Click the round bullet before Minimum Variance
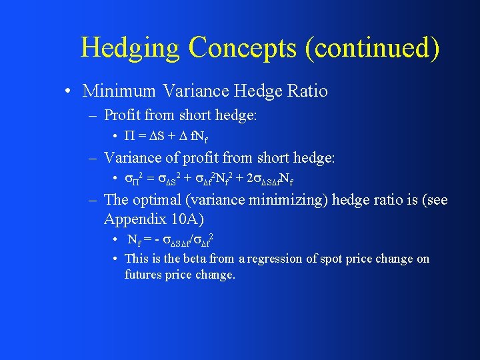[69, 91]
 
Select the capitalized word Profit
[122, 115]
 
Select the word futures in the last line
[143, 274]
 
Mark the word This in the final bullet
[137, 259]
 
